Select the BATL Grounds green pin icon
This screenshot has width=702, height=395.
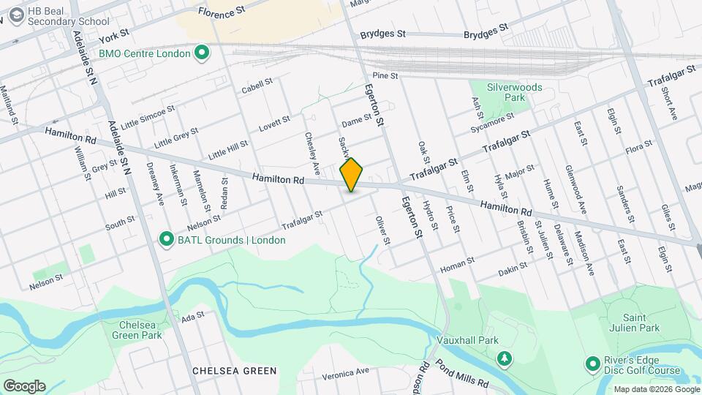(x=167, y=239)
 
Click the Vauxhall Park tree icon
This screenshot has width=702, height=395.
(x=504, y=358)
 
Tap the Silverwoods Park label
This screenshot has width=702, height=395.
(x=516, y=91)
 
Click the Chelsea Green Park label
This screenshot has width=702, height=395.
(x=137, y=329)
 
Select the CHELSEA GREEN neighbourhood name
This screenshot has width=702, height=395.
(x=234, y=371)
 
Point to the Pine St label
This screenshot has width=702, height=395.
(x=385, y=75)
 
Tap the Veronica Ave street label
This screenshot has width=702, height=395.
(x=344, y=372)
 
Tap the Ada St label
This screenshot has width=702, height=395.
(x=192, y=317)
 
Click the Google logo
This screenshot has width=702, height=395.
(x=24, y=385)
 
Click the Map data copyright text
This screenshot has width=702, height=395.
(x=656, y=389)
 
